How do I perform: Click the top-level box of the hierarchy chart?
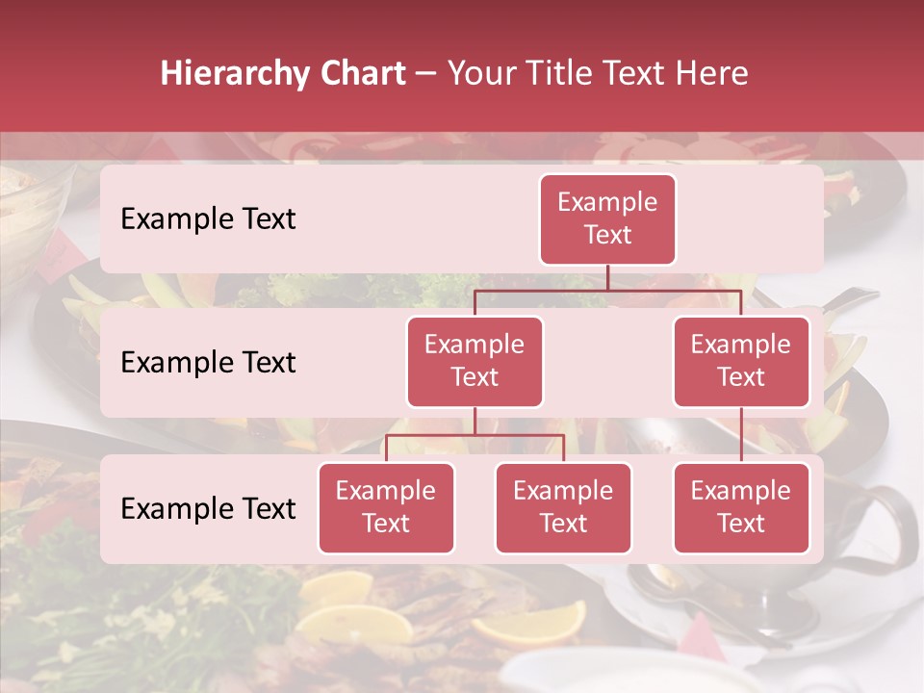pyautogui.click(x=607, y=218)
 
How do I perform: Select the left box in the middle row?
pyautogui.click(x=475, y=361)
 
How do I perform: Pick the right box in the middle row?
pyautogui.click(x=741, y=361)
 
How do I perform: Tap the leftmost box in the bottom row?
pyautogui.click(x=386, y=507)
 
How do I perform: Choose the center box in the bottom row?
pyautogui.click(x=563, y=507)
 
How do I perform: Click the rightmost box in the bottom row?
pyautogui.click(x=741, y=507)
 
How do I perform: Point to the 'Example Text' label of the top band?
pyautogui.click(x=208, y=219)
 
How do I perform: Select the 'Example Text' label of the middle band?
pyautogui.click(x=208, y=363)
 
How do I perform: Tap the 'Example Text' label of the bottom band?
pyautogui.click(x=208, y=509)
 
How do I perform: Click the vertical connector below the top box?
pyautogui.click(x=607, y=277)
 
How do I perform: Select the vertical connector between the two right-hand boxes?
pyautogui.click(x=741, y=435)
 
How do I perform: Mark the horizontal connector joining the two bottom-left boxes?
pyautogui.click(x=475, y=435)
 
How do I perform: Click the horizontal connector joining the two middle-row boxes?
pyautogui.click(x=607, y=289)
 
